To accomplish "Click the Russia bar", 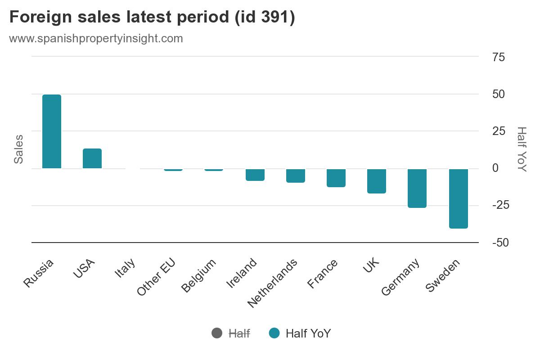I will [52, 131].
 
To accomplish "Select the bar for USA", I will [92, 158].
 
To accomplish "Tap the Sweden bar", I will [459, 198].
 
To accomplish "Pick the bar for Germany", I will [417, 188].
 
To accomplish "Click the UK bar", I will [377, 181].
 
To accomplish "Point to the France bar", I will [336, 178].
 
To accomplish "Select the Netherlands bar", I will [296, 175].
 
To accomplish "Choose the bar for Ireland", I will [255, 175].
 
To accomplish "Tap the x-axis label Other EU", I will [156, 278].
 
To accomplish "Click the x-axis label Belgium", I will [199, 275].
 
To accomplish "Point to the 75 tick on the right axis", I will [499, 57].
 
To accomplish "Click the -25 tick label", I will [501, 205].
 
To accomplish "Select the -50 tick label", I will [501, 243].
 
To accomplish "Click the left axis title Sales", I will [18, 149].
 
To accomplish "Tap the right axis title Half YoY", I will [521, 149].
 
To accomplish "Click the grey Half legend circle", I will [217, 333].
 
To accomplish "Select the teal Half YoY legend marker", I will [274, 333].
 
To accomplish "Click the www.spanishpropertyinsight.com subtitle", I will [96, 38].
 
